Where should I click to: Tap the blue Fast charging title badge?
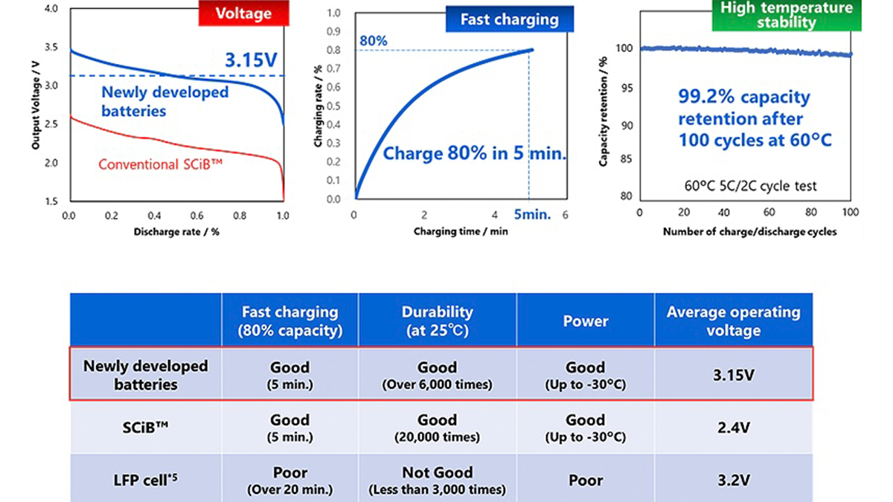click(x=510, y=19)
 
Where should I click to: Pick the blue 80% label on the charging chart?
click(x=374, y=41)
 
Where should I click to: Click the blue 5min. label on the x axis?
click(x=532, y=215)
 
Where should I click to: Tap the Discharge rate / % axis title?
click(x=176, y=231)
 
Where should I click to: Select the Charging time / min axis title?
click(x=461, y=231)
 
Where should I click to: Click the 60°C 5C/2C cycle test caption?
click(x=745, y=186)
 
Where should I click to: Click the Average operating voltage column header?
click(x=733, y=320)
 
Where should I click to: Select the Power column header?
click(x=585, y=321)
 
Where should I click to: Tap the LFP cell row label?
click(x=146, y=480)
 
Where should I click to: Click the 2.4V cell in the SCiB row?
click(x=733, y=428)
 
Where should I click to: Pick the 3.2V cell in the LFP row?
click(x=733, y=480)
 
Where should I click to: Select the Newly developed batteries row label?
click(x=146, y=375)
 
